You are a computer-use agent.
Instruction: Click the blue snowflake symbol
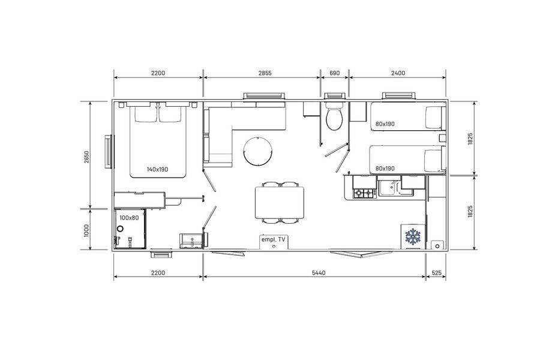coord(413,236)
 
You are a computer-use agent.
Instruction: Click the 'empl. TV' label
coord(274,240)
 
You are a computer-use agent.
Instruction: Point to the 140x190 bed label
coord(157,169)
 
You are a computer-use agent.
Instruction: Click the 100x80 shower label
coord(129,218)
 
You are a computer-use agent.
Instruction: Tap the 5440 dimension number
coord(319,273)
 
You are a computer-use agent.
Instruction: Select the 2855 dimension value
coord(265,73)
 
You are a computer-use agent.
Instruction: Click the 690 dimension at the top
coord(334,73)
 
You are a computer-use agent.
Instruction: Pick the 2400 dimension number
coord(398,73)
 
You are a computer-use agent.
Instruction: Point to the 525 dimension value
coord(436,273)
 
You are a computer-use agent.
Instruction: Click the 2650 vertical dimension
coord(86,157)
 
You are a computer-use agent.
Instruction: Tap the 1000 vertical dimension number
coord(86,230)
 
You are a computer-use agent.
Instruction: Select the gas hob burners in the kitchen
coord(364,193)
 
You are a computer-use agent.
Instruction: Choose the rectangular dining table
coord(280,202)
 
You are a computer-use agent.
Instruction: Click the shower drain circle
coord(120,229)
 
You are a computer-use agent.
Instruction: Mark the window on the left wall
coord(109,152)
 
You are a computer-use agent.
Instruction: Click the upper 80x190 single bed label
coord(385,124)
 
